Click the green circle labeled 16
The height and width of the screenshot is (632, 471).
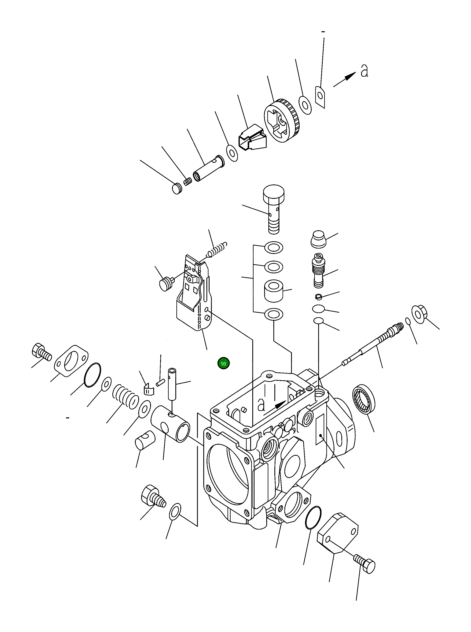point(223,363)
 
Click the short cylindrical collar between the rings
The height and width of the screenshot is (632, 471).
point(274,290)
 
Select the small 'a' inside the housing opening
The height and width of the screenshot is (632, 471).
point(261,404)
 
